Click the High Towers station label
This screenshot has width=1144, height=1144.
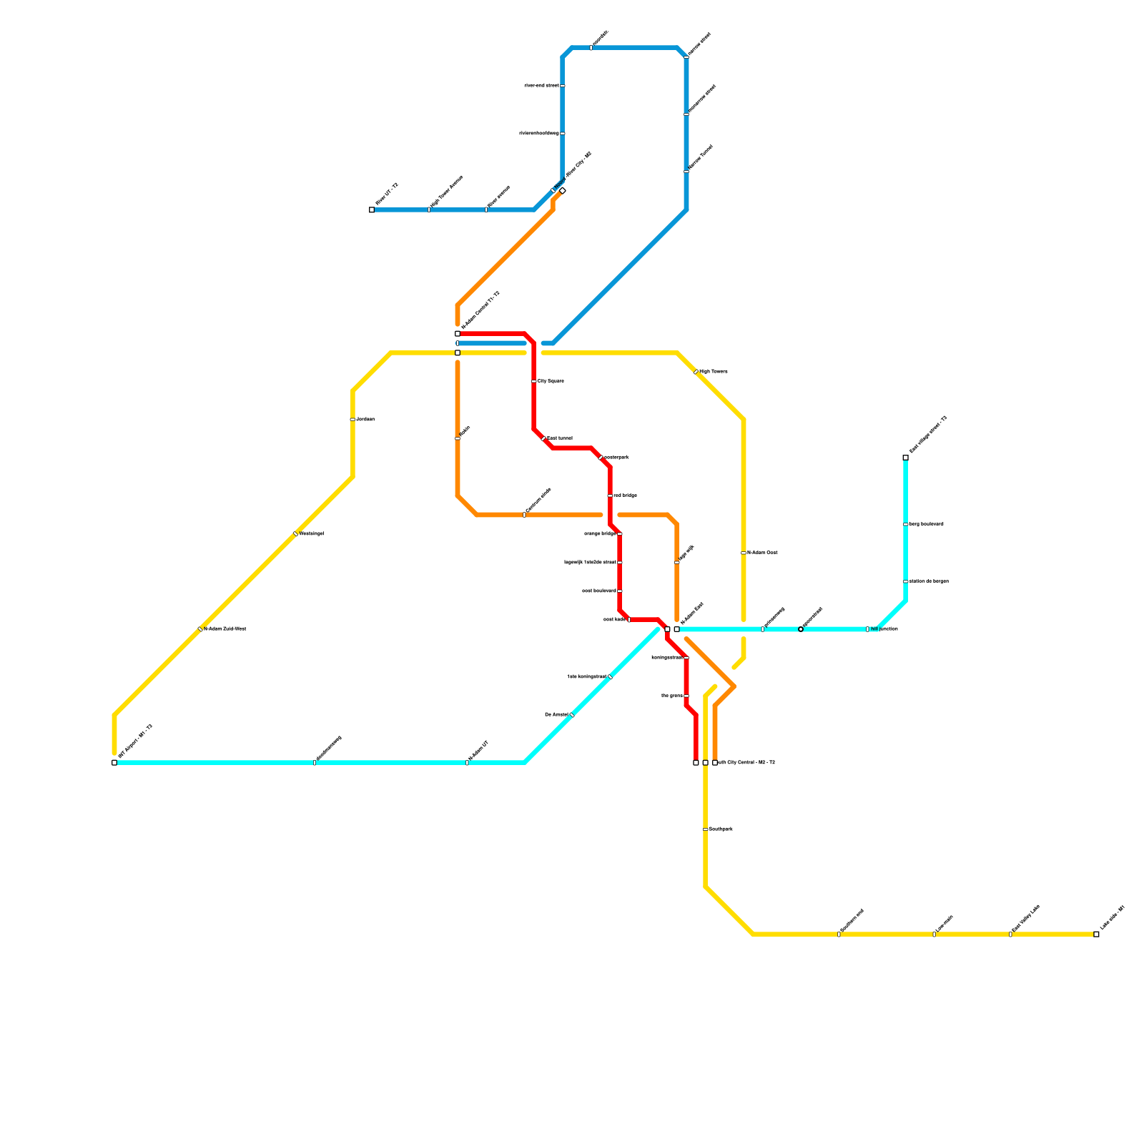tap(713, 372)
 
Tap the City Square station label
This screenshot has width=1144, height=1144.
tap(551, 381)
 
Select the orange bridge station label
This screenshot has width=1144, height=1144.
tap(600, 533)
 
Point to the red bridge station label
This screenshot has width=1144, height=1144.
tap(625, 495)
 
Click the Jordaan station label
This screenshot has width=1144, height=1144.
tap(365, 419)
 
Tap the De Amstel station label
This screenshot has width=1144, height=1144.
tap(556, 714)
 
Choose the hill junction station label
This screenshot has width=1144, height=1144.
tap(884, 629)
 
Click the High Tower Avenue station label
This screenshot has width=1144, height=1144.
tap(446, 192)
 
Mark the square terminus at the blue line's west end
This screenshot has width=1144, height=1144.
tap(372, 209)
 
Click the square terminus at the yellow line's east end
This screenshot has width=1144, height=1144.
tap(1096, 934)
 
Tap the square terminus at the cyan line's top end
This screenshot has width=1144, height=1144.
tap(905, 458)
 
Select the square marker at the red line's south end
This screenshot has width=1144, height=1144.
tap(696, 763)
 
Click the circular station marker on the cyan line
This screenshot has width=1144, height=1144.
tap(801, 629)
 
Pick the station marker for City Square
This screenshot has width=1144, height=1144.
tap(534, 381)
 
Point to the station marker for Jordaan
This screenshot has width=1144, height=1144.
tap(352, 419)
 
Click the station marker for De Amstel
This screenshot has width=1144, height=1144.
tap(572, 714)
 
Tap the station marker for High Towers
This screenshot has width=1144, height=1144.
tap(696, 372)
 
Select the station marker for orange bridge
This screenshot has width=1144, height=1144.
tap(620, 533)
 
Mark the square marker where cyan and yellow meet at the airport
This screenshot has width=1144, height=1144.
tap(114, 763)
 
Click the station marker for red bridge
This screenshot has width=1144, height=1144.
tap(610, 495)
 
